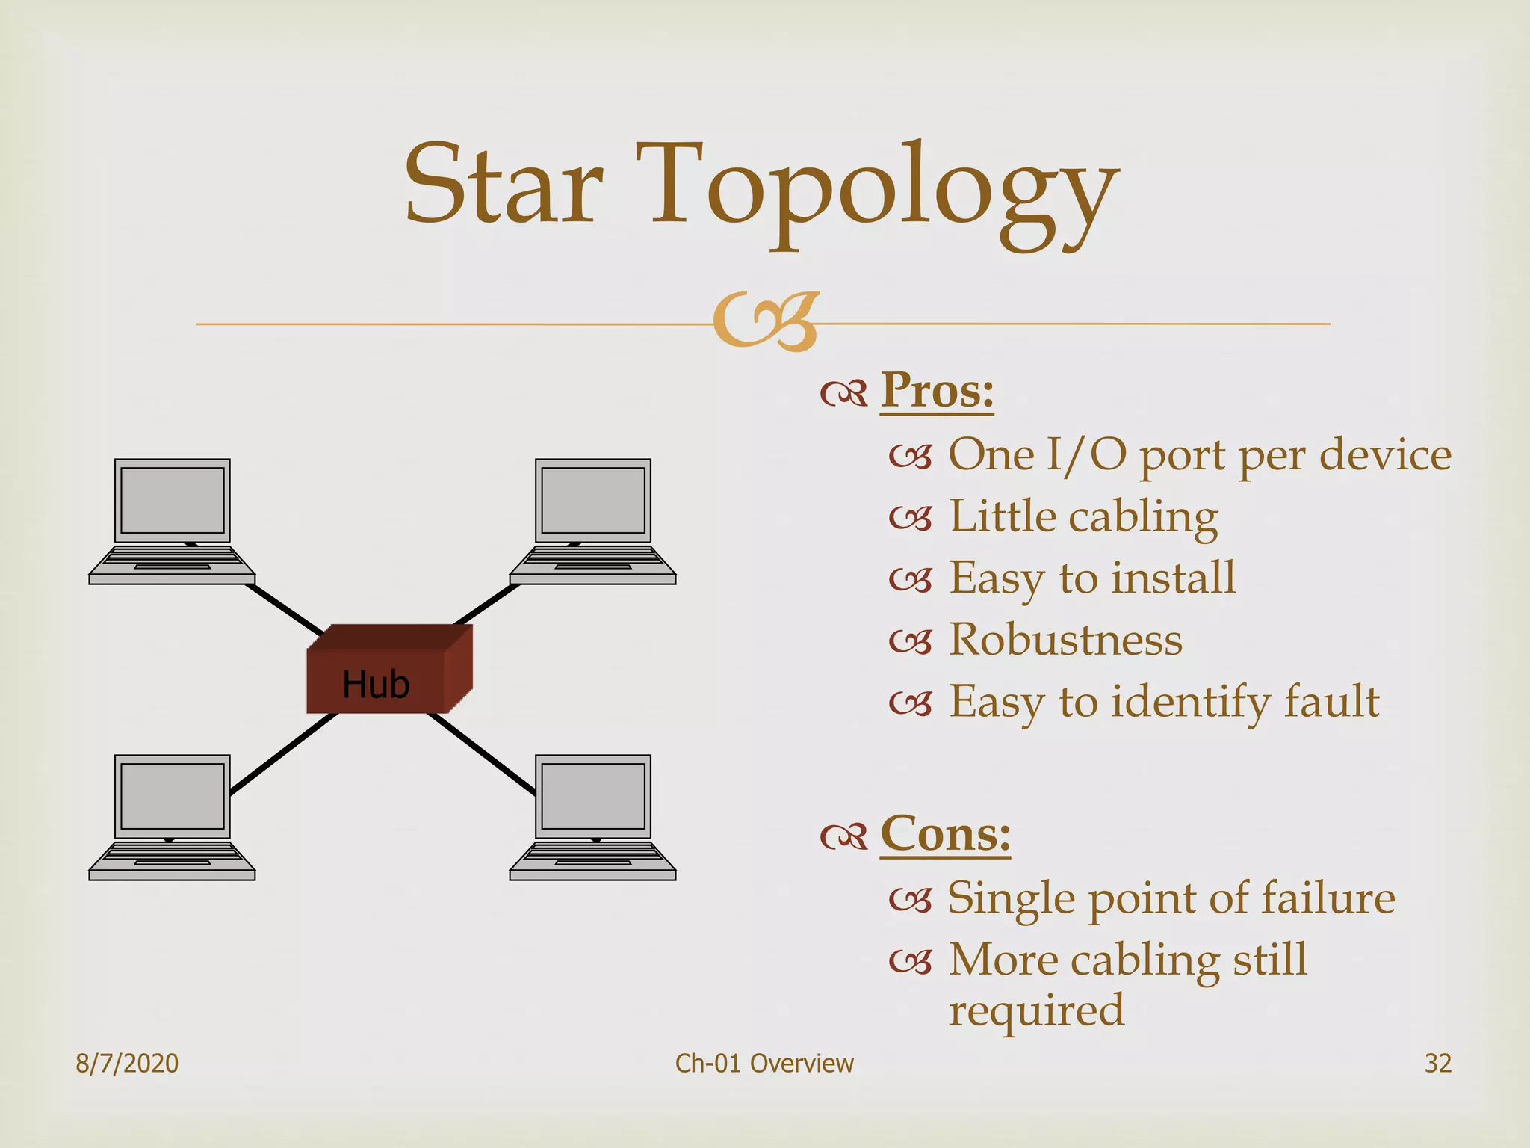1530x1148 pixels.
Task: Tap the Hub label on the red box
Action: pos(376,684)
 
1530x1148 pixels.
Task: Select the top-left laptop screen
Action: pos(173,499)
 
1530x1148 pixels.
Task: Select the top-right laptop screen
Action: pos(593,499)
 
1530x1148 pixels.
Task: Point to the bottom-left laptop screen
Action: pos(173,795)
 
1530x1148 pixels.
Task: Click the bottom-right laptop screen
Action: pos(593,795)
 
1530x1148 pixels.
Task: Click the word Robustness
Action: pos(1065,640)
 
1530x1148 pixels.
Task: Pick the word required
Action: pos(1036,1010)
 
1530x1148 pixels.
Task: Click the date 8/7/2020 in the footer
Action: pos(127,1063)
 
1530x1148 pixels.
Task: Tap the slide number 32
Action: pos(1437,1063)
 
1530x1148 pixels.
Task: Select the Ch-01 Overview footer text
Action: pos(764,1063)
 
